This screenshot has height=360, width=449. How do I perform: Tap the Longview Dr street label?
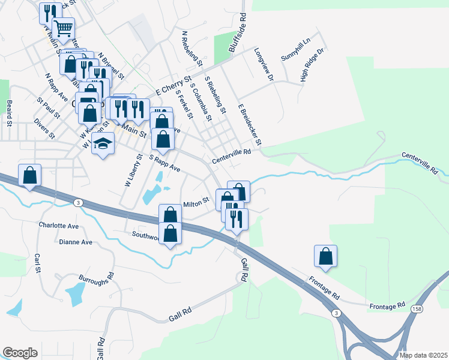[x=264, y=65]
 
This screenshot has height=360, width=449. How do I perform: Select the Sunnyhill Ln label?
[x=295, y=50]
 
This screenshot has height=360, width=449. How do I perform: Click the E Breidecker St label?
[x=250, y=124]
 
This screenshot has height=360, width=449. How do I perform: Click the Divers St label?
[x=44, y=131]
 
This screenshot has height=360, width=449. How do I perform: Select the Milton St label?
[x=196, y=202]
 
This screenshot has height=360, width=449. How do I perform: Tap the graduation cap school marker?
[x=103, y=144]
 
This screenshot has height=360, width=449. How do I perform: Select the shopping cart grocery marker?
[x=63, y=27]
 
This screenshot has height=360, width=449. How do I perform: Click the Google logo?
[x=20, y=353]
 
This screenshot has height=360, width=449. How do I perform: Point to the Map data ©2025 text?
[x=423, y=355]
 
